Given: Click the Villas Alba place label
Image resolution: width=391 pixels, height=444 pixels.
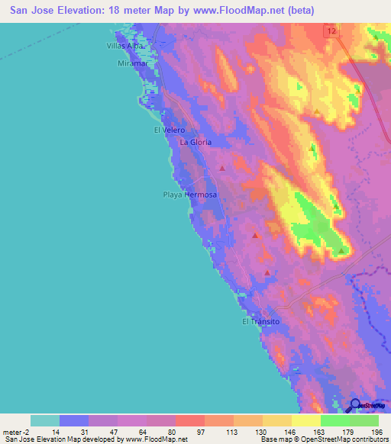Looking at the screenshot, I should pyautogui.click(x=125, y=46).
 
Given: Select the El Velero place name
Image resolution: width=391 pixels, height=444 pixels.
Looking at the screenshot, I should pyautogui.click(x=170, y=130).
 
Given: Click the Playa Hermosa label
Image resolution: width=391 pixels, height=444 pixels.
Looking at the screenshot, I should pyautogui.click(x=190, y=195).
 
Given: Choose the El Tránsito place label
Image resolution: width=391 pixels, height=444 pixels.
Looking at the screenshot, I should pyautogui.click(x=261, y=321).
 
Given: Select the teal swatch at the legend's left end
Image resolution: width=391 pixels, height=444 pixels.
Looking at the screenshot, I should pyautogui.click(x=45, y=420).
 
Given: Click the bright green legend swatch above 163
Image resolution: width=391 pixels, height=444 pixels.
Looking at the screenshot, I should pyautogui.click(x=334, y=420).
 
